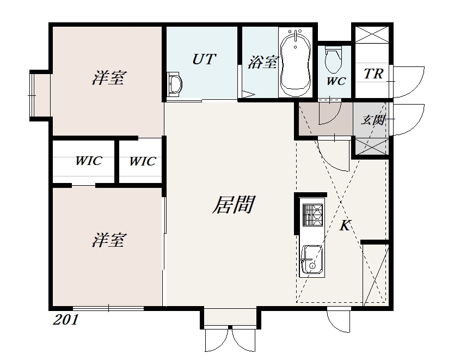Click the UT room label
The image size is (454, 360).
[204, 59]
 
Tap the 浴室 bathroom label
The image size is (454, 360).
[262, 62]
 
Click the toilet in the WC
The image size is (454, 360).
[334, 60]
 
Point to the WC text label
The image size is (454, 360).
[336, 81]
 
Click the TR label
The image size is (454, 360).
[373, 74]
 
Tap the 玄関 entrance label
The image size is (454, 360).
[373, 120]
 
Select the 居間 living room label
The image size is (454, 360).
[234, 204]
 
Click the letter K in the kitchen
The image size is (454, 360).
[345, 225]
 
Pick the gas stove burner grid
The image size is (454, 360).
[312, 215]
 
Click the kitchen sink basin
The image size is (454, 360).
[312, 260]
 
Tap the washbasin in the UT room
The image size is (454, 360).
[174, 84]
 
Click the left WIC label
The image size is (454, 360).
[89, 161]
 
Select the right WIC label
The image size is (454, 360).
[143, 161]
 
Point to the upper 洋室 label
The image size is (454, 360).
[108, 78]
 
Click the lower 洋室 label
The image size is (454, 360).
[108, 240]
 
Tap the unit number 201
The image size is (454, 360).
[66, 320]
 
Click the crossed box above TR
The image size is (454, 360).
[372, 35]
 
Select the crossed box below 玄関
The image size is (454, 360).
[372, 147]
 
